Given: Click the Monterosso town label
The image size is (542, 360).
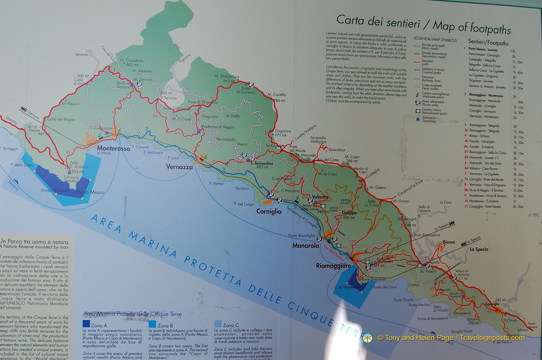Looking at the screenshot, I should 113,148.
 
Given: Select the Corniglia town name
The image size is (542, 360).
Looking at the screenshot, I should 269,212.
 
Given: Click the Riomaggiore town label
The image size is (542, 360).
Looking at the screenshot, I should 333,266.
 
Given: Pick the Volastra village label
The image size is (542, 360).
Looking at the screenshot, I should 320,197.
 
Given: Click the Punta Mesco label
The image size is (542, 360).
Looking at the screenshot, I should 90,192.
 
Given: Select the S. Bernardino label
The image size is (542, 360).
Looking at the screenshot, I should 257,162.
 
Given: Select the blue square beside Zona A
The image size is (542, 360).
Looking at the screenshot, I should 87,324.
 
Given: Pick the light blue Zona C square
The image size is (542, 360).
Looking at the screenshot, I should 217,325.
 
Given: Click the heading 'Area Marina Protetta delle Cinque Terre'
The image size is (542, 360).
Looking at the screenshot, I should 132,314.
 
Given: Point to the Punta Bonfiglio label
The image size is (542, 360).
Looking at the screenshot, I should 301,235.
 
